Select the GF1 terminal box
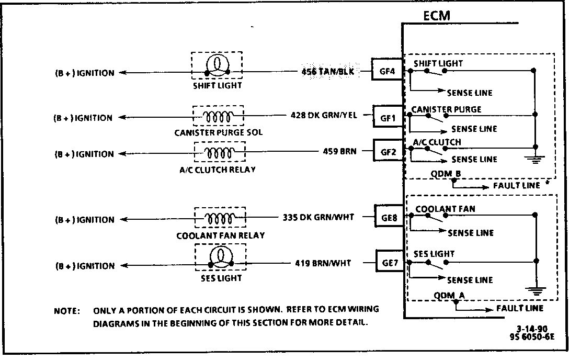(x=387, y=118)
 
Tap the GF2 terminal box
(x=387, y=153)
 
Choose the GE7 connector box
(x=390, y=262)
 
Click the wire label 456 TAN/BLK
(x=327, y=71)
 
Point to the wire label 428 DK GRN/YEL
(x=324, y=115)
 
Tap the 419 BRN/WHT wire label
(x=323, y=263)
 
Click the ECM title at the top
(x=437, y=16)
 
